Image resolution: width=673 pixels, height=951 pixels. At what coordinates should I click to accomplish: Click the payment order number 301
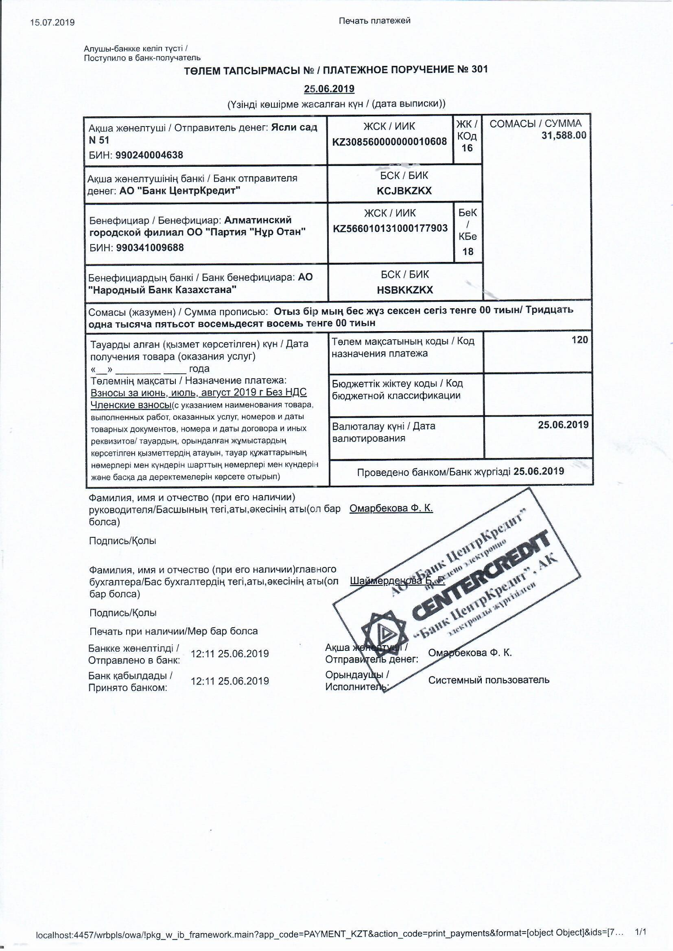point(479,69)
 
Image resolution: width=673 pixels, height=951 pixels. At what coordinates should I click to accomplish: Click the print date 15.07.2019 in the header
point(52,22)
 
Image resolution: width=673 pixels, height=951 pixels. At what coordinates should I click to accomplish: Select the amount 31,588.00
point(564,135)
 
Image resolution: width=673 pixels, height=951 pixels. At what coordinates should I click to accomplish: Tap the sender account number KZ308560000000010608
point(389,142)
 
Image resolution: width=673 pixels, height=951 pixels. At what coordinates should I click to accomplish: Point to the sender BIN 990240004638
point(149,155)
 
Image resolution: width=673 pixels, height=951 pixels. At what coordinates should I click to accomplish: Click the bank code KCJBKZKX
point(404,190)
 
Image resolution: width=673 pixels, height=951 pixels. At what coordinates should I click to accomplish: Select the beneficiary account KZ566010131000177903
point(390,228)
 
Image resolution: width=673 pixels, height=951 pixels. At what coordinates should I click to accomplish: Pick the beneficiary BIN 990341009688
point(150,248)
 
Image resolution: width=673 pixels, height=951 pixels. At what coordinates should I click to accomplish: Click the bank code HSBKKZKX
point(405,290)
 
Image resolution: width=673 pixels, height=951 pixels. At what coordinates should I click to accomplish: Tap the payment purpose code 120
point(580,340)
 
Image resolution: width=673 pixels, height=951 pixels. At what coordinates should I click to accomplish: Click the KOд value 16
point(467,148)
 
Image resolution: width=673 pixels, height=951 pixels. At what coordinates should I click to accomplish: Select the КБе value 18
point(468,251)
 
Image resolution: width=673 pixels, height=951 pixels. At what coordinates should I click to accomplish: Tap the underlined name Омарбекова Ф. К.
point(391,508)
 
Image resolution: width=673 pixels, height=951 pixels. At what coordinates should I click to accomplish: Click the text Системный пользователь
point(489,680)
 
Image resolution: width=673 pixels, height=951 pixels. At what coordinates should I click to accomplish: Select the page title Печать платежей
point(375,21)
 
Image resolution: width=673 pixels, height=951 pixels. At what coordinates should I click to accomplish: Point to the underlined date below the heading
point(329,89)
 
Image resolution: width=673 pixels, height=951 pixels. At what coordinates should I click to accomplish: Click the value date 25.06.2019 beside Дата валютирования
point(563,425)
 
